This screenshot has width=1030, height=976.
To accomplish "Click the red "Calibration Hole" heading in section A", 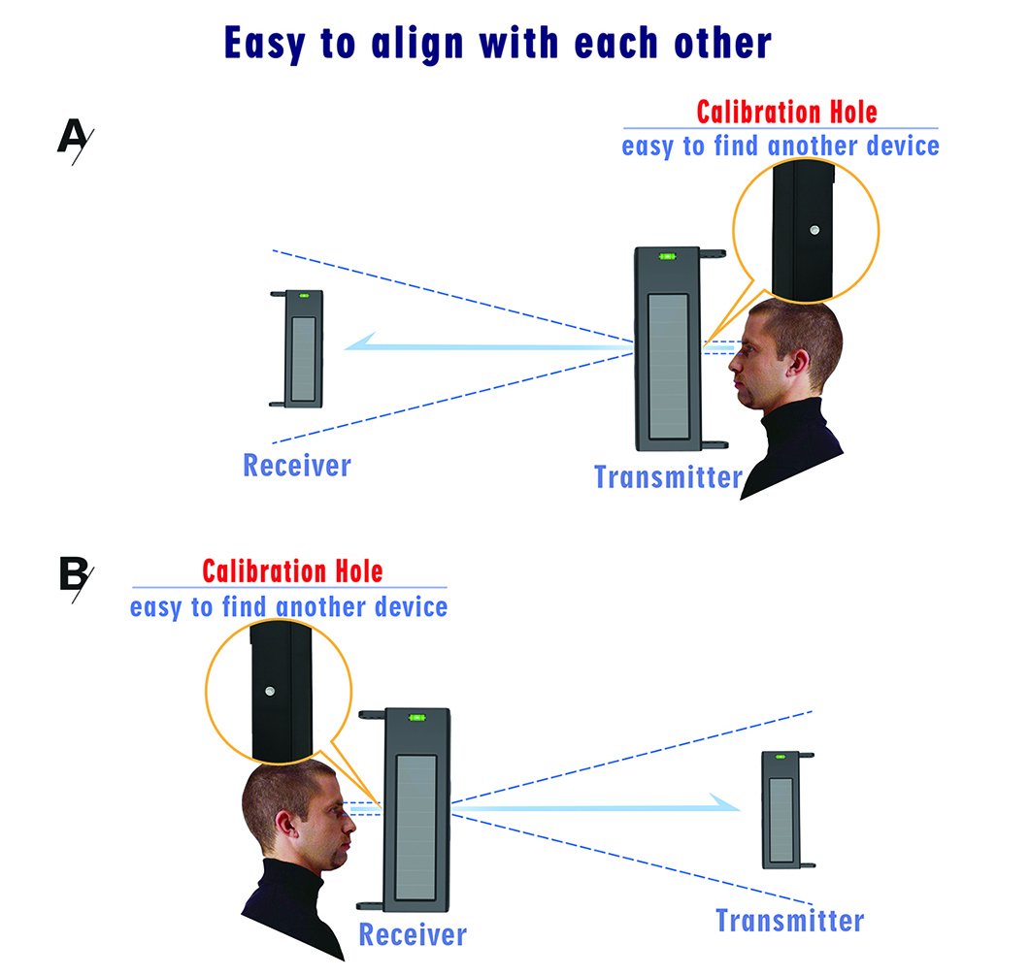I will click(786, 112).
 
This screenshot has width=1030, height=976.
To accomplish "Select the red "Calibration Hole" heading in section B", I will click(292, 570).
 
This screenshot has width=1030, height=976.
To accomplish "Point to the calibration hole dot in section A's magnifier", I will click(814, 232).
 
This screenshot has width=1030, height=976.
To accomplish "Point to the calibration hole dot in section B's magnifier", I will click(269, 691).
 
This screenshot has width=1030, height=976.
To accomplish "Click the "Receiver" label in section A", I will click(296, 466).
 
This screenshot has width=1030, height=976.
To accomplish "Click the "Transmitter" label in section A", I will click(668, 477).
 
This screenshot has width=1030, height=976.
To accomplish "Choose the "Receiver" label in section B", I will click(413, 935).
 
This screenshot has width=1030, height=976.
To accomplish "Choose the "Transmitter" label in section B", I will click(789, 920).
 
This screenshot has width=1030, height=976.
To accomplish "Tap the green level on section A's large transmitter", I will click(668, 257).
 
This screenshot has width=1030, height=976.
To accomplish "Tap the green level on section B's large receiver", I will click(417, 719).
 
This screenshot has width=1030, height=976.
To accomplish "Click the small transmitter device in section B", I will click(784, 809).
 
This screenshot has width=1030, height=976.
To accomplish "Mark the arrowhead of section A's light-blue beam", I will click(363, 342).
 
